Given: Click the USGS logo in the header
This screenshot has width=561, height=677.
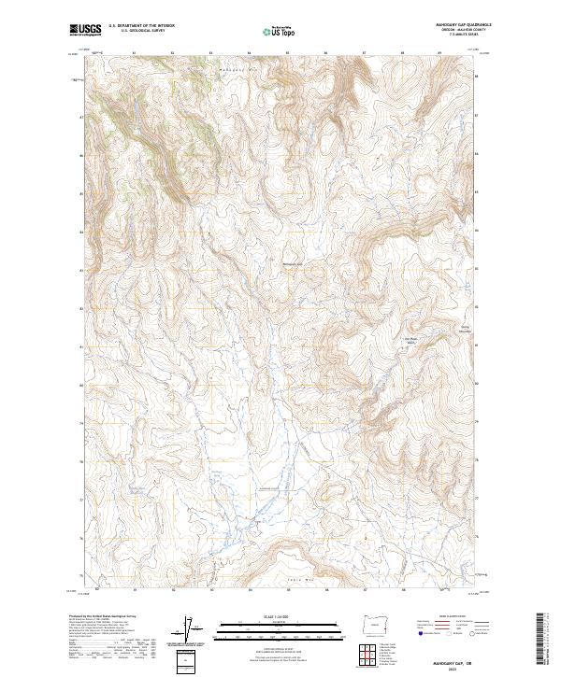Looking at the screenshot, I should (x=84, y=30).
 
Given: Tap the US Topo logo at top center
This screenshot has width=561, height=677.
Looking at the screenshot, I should (x=280, y=30).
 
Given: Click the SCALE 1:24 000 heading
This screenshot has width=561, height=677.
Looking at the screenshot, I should (x=280, y=616).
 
